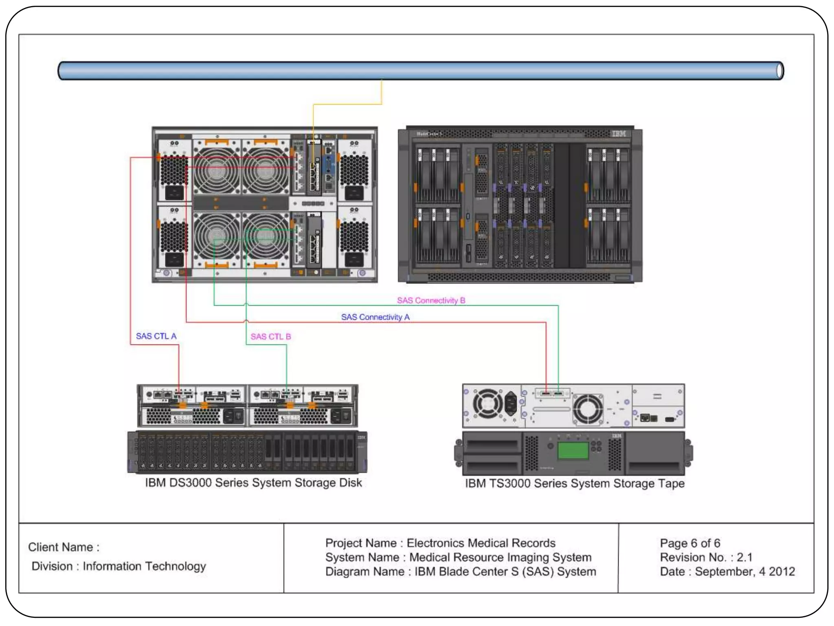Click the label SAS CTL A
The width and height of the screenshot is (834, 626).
156,336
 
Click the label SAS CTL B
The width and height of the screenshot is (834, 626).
270,337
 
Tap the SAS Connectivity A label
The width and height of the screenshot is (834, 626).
375,317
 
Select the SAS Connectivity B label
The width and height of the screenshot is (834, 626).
431,300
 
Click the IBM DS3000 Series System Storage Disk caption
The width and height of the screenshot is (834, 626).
253,483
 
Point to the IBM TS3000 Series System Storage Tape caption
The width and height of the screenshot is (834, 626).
575,483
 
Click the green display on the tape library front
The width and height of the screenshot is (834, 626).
573,450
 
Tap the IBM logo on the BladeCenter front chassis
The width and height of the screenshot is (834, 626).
619,134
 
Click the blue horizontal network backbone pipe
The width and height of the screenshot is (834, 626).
419,71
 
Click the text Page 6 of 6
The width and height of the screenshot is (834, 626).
690,543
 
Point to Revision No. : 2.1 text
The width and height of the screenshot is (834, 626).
706,557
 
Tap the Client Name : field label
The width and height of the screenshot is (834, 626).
64,547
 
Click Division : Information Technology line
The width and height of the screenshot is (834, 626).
119,566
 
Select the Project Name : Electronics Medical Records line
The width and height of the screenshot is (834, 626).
440,543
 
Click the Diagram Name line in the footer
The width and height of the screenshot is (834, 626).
460,571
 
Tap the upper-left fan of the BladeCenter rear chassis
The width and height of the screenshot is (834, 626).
216,170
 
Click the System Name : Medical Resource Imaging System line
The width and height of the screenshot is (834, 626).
458,557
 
